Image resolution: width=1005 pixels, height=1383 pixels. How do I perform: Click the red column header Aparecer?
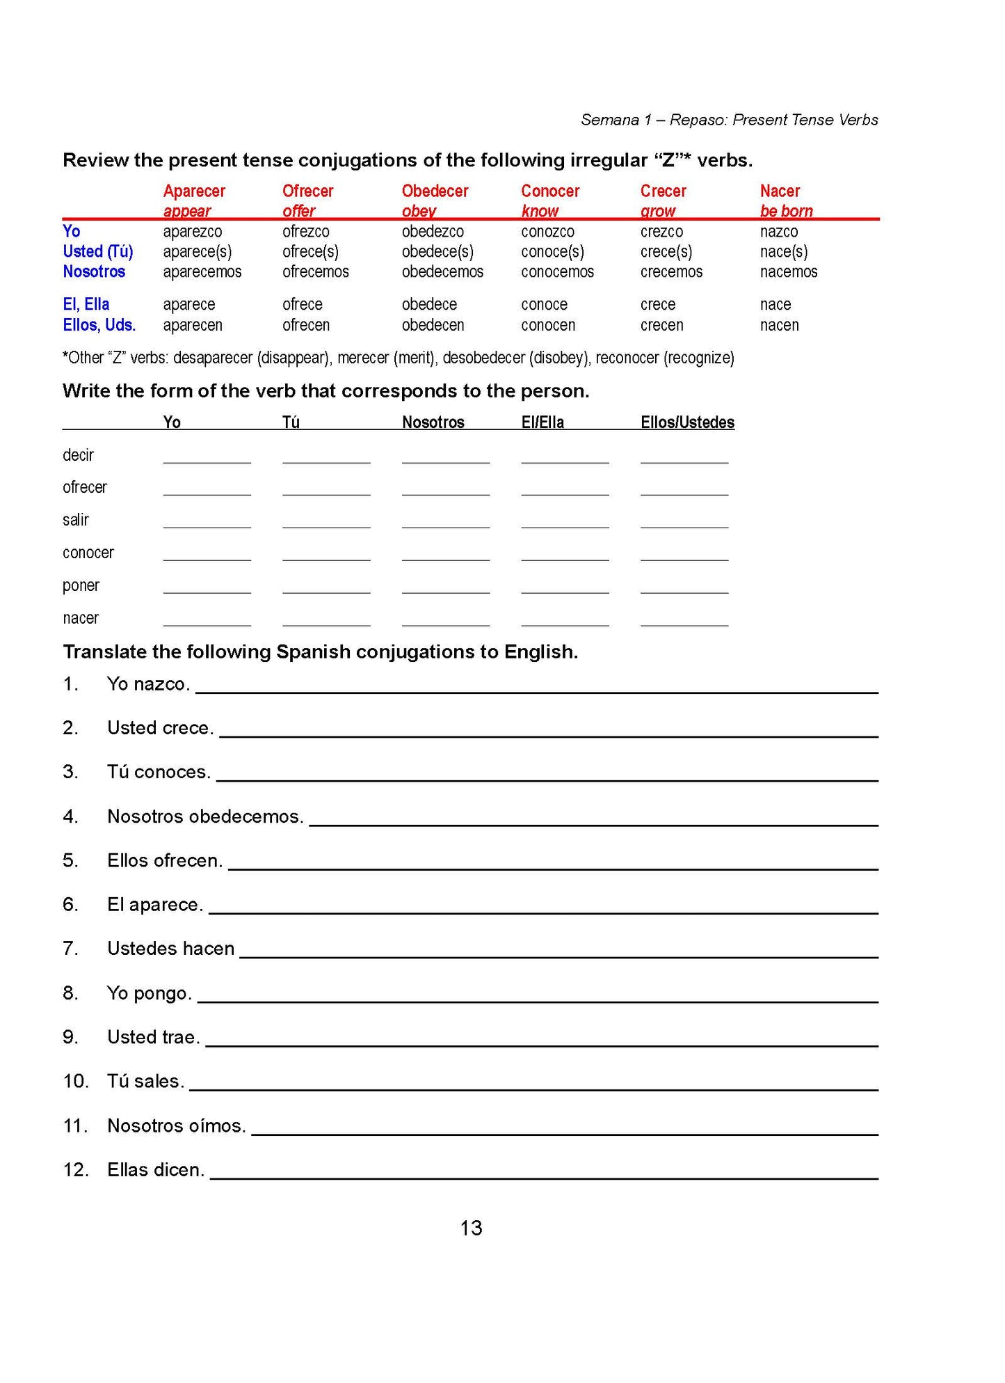(x=194, y=191)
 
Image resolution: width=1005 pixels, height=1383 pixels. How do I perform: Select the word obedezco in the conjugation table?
(x=433, y=231)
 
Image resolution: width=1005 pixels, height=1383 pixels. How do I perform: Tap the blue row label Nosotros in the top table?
(x=94, y=271)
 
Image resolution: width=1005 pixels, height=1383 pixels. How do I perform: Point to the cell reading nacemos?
(x=789, y=271)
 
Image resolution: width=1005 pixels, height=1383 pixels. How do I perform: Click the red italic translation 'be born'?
(x=786, y=211)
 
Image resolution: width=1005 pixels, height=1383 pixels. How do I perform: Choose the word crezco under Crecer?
(x=661, y=231)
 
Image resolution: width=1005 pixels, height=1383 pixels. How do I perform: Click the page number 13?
(x=471, y=1228)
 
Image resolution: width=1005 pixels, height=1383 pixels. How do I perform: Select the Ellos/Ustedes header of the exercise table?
(x=687, y=422)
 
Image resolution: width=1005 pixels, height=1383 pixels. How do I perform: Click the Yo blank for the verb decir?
(x=207, y=457)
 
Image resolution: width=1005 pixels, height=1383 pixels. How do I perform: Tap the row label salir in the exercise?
(x=76, y=520)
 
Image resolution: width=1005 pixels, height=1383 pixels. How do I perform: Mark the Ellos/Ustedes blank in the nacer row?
(x=684, y=619)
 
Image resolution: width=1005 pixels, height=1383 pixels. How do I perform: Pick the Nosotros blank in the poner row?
(x=446, y=587)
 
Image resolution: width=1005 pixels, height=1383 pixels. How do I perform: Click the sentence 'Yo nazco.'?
(x=148, y=684)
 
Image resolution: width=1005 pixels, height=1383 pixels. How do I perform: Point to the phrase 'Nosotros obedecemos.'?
(x=205, y=816)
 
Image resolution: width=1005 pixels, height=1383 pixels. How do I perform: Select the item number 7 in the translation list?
(x=70, y=949)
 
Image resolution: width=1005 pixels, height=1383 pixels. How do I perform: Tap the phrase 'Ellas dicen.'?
(x=156, y=1170)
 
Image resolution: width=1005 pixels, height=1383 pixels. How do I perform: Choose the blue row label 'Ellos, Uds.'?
(x=99, y=325)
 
